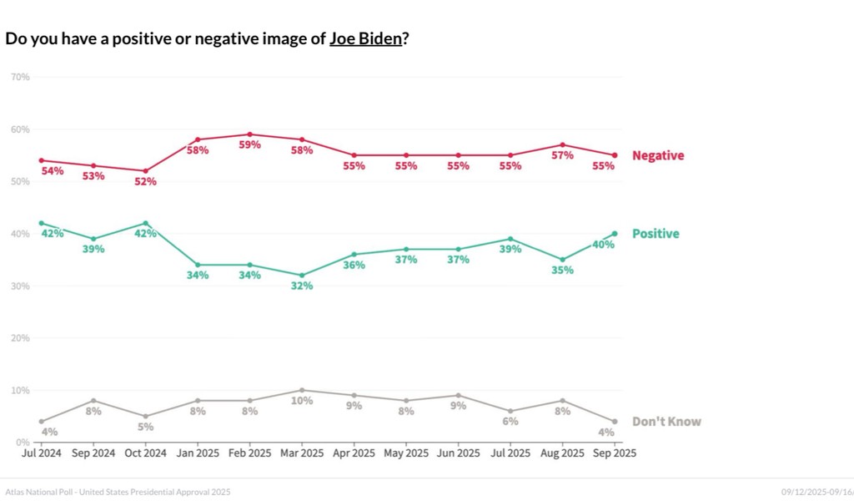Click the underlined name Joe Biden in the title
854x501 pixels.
[365, 38]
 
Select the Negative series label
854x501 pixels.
[658, 155]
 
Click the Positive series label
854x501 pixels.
[656, 234]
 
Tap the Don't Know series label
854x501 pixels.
[666, 422]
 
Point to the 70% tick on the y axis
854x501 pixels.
[20, 77]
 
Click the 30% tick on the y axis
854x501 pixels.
[20, 286]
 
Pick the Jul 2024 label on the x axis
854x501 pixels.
[42, 453]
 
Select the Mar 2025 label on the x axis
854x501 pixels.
[302, 453]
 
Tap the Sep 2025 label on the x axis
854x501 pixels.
[615, 453]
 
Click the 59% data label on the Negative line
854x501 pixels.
[250, 144]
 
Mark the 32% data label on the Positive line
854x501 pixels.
[302, 286]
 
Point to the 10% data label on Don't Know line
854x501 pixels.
[302, 401]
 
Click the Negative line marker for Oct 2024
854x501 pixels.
[146, 170]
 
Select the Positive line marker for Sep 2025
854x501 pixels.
[615, 233]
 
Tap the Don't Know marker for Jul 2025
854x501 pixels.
[510, 411]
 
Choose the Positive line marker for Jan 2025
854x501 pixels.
[198, 265]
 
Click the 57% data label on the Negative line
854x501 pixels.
[562, 155]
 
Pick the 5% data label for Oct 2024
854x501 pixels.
[146, 427]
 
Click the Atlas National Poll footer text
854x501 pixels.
[118, 492]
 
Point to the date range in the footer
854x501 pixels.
[816, 492]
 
